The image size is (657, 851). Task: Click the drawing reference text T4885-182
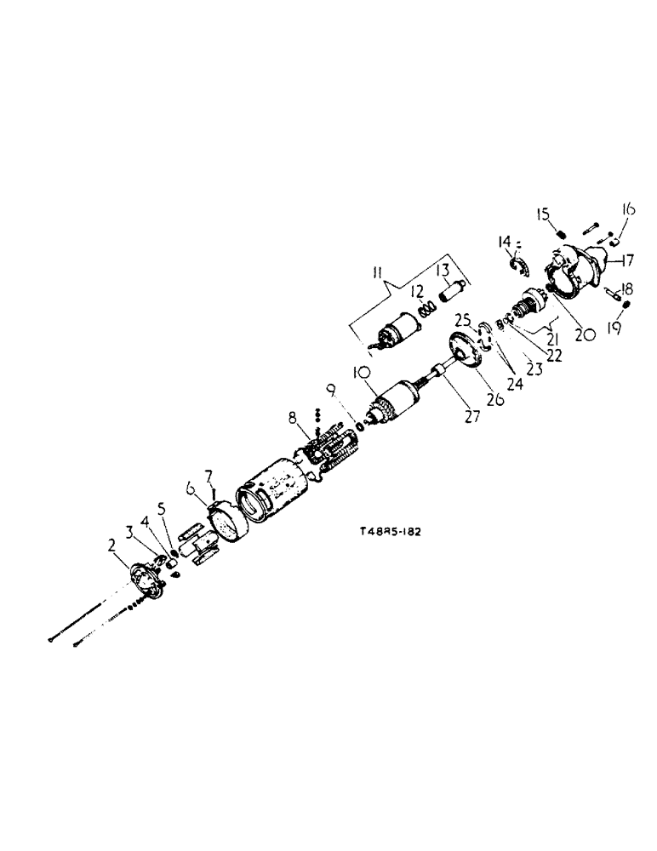pyautogui.click(x=391, y=531)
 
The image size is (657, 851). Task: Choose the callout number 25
pyautogui.click(x=463, y=322)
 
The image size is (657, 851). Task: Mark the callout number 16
pyautogui.click(x=628, y=208)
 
